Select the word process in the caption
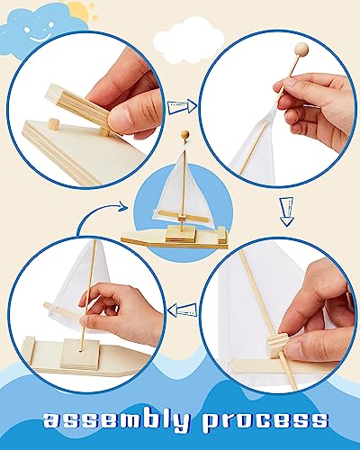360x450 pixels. [x=267, y=419]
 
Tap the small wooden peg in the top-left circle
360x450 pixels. [x=52, y=123]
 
